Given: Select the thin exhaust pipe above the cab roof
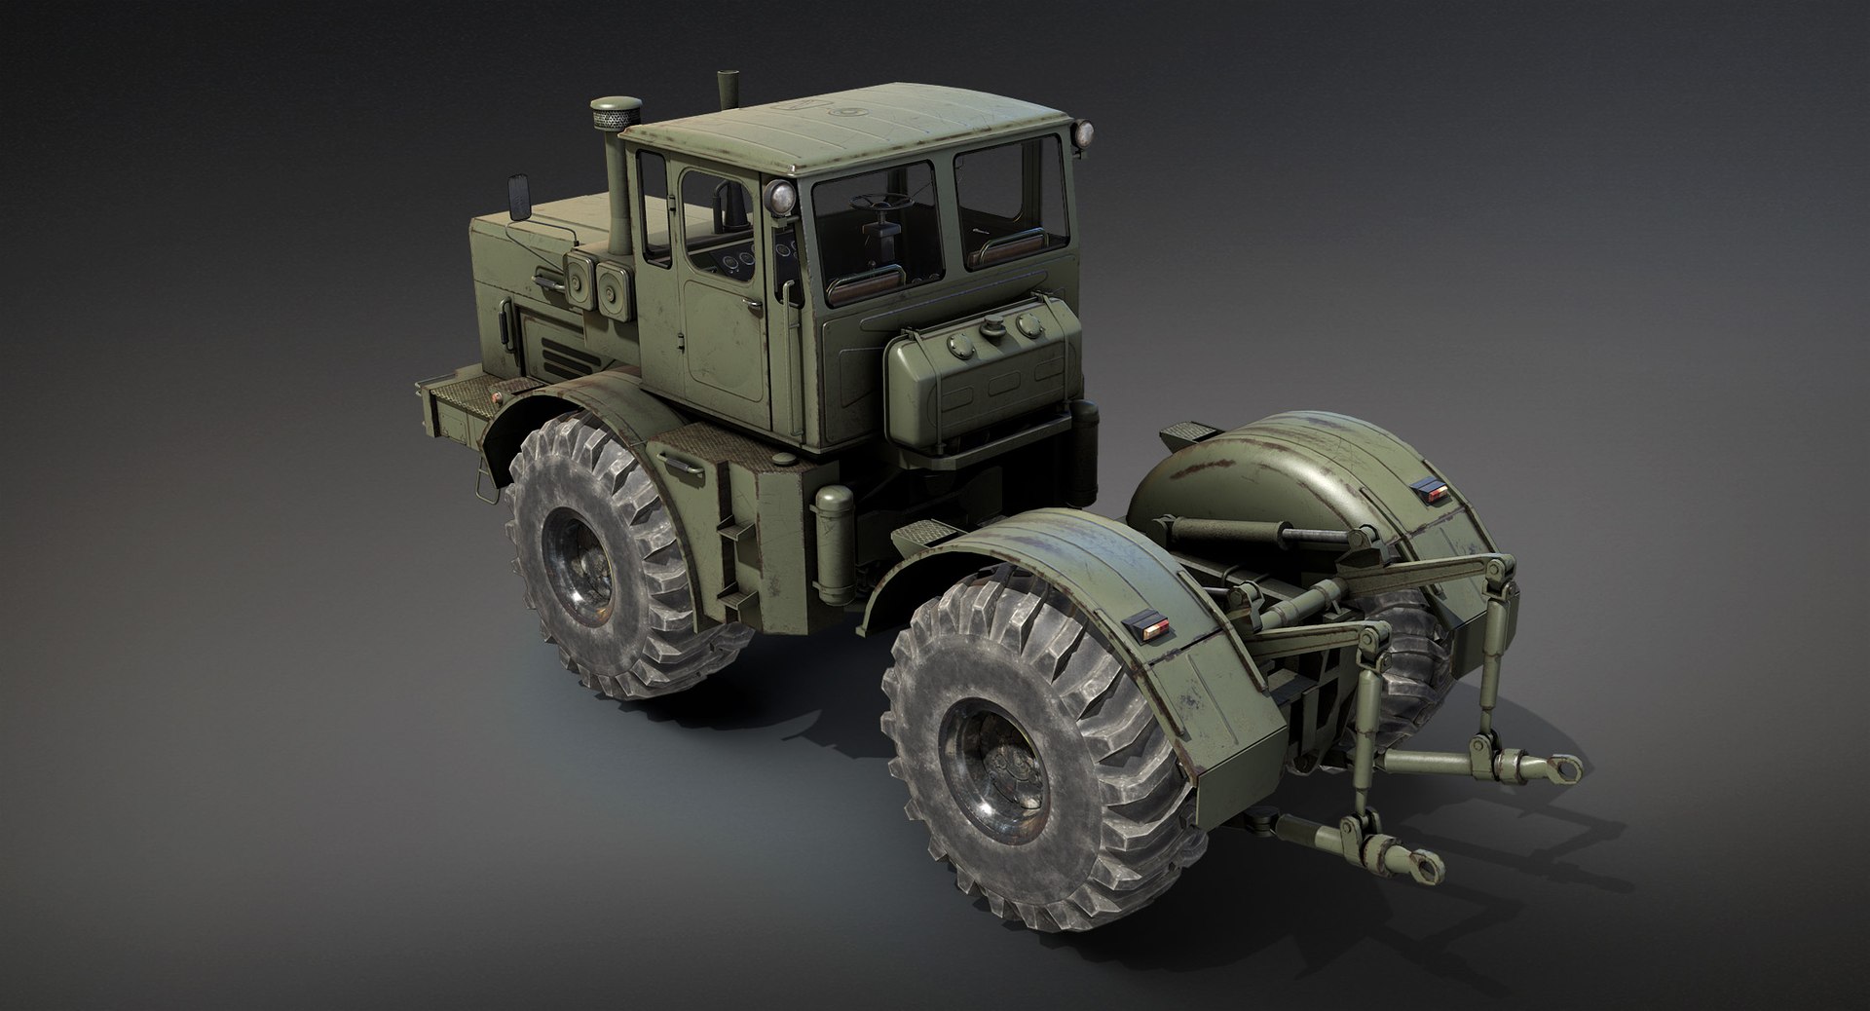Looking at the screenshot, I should pos(725,93).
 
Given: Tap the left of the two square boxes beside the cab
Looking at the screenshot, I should pos(579,286).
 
